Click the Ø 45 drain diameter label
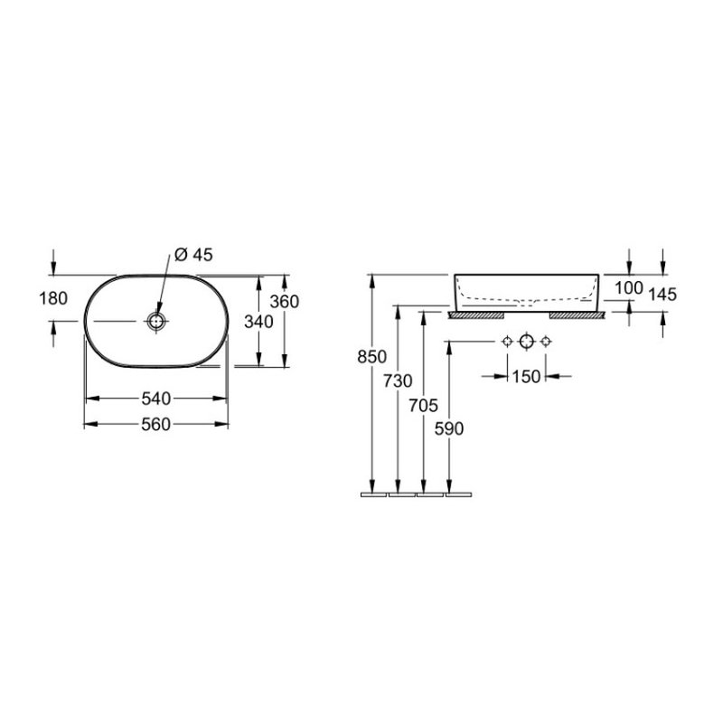[x=193, y=255]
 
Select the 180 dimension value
[x=53, y=299]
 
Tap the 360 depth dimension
[x=285, y=302]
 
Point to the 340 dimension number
[x=258, y=322]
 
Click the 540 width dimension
[x=156, y=399]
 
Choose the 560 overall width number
[x=156, y=424]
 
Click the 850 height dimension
[x=372, y=357]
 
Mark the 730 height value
[x=398, y=380]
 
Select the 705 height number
[x=423, y=406]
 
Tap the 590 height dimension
[x=449, y=429]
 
